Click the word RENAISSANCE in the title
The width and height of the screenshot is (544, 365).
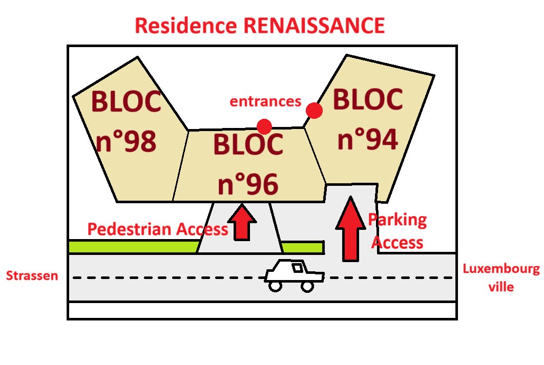(x=316, y=26)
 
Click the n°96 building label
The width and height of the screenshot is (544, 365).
(x=248, y=185)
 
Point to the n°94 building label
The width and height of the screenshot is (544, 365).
(x=367, y=139)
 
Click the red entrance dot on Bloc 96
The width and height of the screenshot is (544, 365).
(x=264, y=126)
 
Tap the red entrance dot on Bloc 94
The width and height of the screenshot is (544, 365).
(x=314, y=110)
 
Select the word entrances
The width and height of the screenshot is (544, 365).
(x=265, y=101)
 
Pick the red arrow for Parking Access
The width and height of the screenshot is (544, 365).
(x=351, y=227)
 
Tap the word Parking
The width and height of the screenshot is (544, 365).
(x=397, y=221)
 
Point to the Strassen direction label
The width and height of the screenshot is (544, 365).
(x=32, y=276)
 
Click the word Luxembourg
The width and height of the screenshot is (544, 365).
(x=500, y=270)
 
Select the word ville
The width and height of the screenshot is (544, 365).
(x=500, y=287)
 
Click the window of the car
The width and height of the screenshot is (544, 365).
(x=297, y=267)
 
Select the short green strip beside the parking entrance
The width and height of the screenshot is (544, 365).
(x=302, y=247)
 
